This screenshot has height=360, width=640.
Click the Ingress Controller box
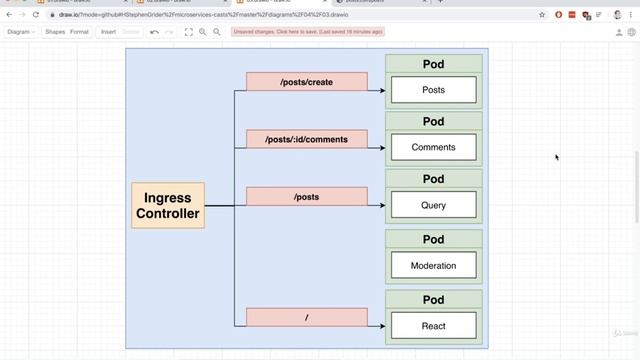pos(167,205)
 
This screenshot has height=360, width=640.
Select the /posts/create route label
pos(306,82)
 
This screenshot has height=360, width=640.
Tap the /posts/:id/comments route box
pos(306,139)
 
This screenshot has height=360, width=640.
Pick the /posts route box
pos(306,197)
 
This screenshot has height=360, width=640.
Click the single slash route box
pos(306,317)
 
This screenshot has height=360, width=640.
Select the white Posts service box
pos(433,90)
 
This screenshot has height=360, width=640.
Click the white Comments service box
pos(433,147)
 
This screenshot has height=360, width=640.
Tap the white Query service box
pos(433,206)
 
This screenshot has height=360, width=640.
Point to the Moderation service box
pos(433,266)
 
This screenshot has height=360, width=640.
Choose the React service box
pos(433,326)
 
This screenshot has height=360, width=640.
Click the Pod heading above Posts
pos(433,64)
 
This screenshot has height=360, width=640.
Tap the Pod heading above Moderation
pos(433,240)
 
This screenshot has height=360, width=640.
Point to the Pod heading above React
pos(433,300)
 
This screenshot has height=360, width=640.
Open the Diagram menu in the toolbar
pos(21,32)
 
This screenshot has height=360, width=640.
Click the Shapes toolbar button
pos(55,32)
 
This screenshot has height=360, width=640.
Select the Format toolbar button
pos(79,32)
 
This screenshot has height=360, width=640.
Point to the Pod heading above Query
pos(433,180)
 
